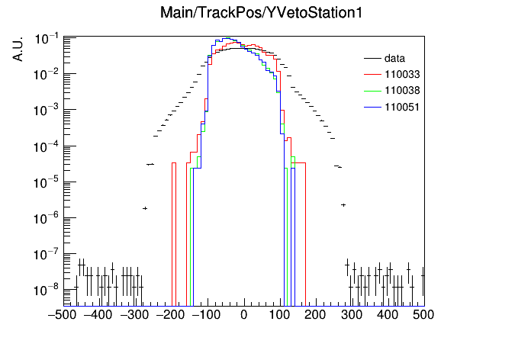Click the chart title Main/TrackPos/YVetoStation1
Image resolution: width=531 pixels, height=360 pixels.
(261, 13)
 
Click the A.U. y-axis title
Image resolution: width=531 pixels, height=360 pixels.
(18, 50)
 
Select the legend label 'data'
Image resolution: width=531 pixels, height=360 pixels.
(394, 59)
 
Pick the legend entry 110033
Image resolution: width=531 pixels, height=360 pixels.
(402, 75)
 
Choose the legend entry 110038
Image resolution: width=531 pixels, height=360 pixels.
(402, 91)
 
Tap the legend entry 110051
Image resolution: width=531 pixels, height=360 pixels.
(402, 108)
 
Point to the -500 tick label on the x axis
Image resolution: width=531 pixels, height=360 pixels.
(62, 315)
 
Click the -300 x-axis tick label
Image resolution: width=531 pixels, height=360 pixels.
(134, 315)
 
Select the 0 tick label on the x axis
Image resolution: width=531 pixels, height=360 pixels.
(244, 315)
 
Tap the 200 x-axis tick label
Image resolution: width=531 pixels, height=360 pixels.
(315, 315)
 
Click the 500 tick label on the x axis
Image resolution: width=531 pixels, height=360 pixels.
(423, 315)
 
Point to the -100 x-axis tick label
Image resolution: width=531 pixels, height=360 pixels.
(207, 315)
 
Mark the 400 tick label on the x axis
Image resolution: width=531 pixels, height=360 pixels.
(388, 315)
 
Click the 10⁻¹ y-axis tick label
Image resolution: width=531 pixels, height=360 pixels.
(47, 39)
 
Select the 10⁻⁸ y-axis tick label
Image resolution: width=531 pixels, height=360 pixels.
(47, 290)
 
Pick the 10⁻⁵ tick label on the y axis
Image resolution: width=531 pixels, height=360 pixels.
(47, 182)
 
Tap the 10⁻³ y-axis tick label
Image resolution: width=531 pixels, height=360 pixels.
(47, 110)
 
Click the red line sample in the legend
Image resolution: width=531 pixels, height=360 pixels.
(372, 75)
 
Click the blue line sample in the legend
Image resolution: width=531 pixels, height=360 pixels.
(372, 108)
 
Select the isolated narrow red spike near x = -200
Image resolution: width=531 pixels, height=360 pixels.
(174, 234)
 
